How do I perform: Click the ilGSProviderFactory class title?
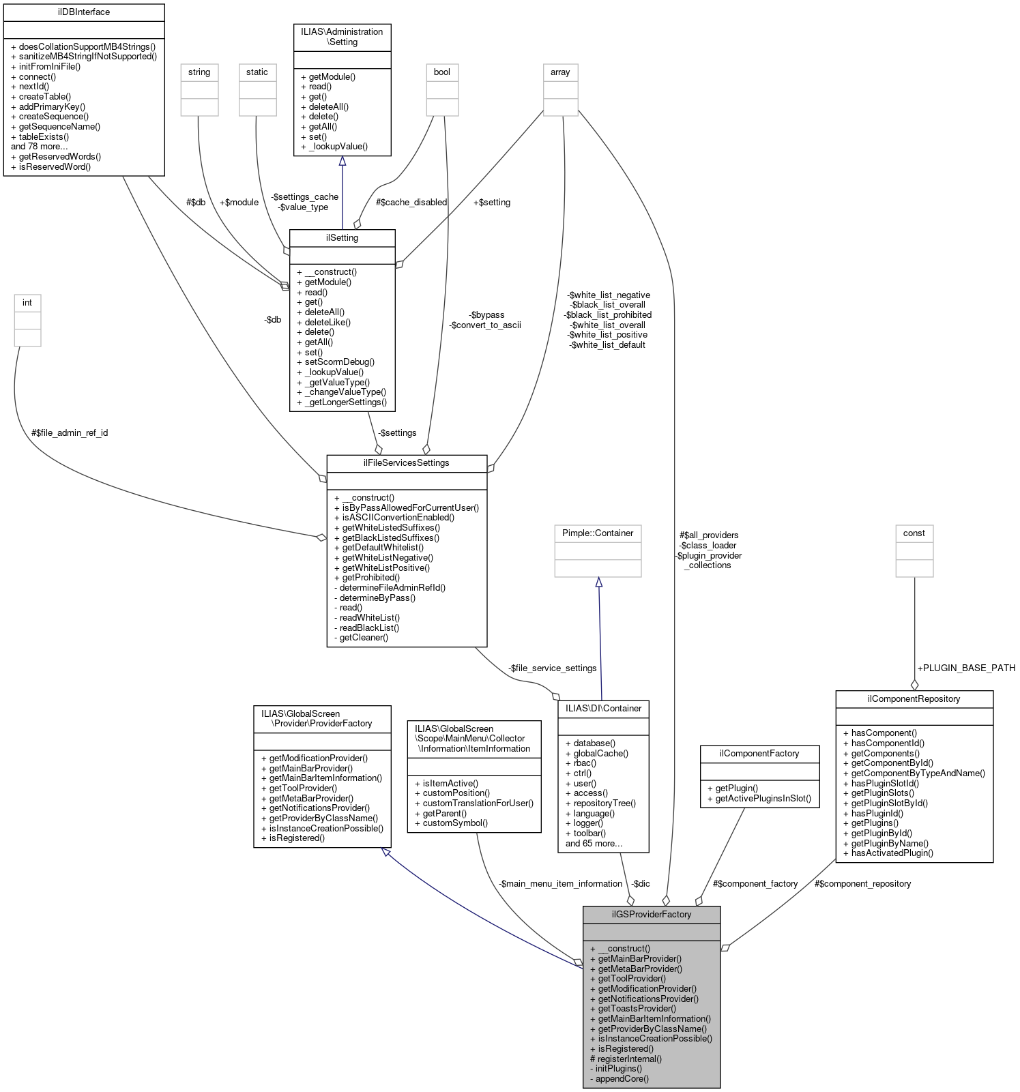(651, 914)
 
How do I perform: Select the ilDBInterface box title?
(84, 12)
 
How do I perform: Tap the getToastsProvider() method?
(637, 1008)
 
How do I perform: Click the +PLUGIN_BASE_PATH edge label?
(966, 668)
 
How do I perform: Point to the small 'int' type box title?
(27, 302)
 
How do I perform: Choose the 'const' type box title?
(914, 533)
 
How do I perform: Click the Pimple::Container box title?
(598, 533)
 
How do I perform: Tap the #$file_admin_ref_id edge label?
(70, 432)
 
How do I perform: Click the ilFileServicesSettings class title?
(407, 462)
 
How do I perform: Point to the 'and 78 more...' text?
(40, 146)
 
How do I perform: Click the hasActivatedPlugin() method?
(892, 853)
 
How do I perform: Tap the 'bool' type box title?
(442, 72)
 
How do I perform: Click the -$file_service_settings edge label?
(552, 668)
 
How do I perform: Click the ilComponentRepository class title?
(914, 698)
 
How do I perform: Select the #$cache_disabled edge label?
(411, 202)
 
